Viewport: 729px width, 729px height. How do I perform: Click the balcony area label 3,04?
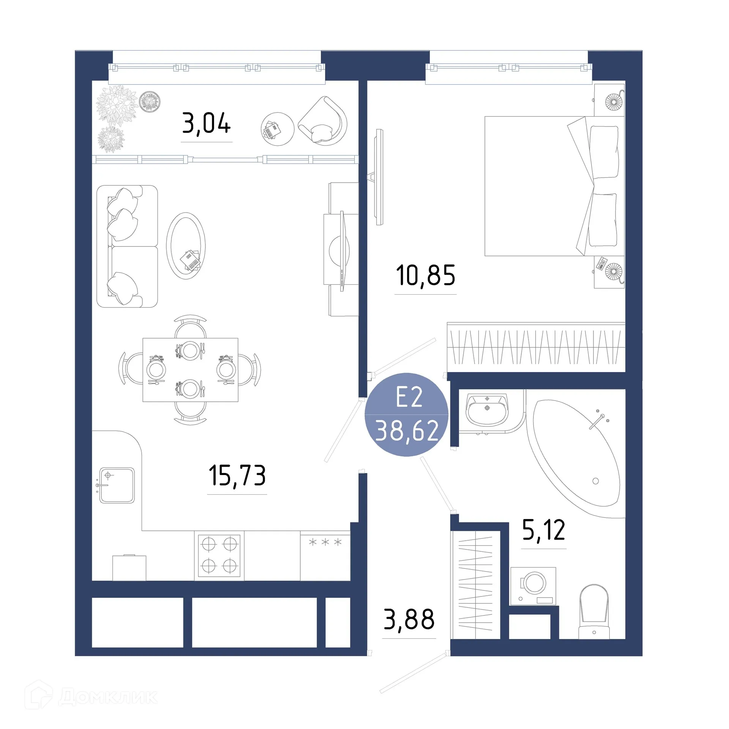tap(206, 123)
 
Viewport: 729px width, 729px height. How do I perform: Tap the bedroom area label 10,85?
tap(425, 275)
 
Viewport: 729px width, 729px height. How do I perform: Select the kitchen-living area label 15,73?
tap(237, 475)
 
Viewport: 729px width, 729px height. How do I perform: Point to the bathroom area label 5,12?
tap(543, 530)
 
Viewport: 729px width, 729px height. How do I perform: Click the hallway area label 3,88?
tap(409, 619)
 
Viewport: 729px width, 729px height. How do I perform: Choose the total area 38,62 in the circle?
tap(407, 431)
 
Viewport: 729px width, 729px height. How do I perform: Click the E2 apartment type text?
tap(409, 398)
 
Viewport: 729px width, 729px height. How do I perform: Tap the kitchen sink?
tap(117, 485)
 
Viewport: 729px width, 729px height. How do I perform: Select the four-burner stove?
tap(219, 555)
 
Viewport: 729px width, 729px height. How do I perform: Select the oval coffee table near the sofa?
tap(186, 246)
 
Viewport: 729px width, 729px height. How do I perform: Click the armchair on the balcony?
tap(324, 121)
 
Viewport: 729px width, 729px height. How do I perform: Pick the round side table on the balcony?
tap(278, 129)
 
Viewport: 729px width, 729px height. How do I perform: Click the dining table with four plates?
tap(190, 369)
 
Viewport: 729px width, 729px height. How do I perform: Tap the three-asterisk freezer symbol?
tap(325, 542)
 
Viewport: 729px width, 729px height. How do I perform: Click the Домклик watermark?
tap(91, 697)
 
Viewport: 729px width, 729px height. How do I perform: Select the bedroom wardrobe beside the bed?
tap(535, 347)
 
